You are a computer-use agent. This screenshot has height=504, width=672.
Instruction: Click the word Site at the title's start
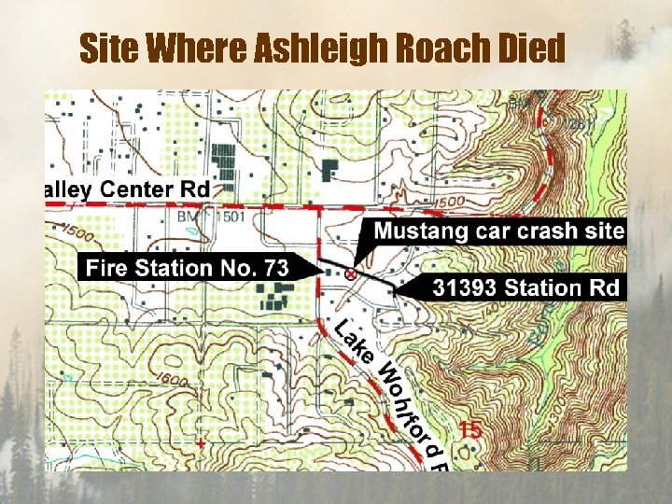point(109,49)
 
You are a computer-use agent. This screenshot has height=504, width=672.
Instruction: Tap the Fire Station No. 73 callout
point(187,268)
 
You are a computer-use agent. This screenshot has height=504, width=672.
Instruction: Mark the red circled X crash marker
point(350,274)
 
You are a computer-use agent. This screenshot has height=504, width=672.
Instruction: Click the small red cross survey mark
point(200,444)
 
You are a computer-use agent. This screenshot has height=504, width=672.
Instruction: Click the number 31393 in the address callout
point(464,287)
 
